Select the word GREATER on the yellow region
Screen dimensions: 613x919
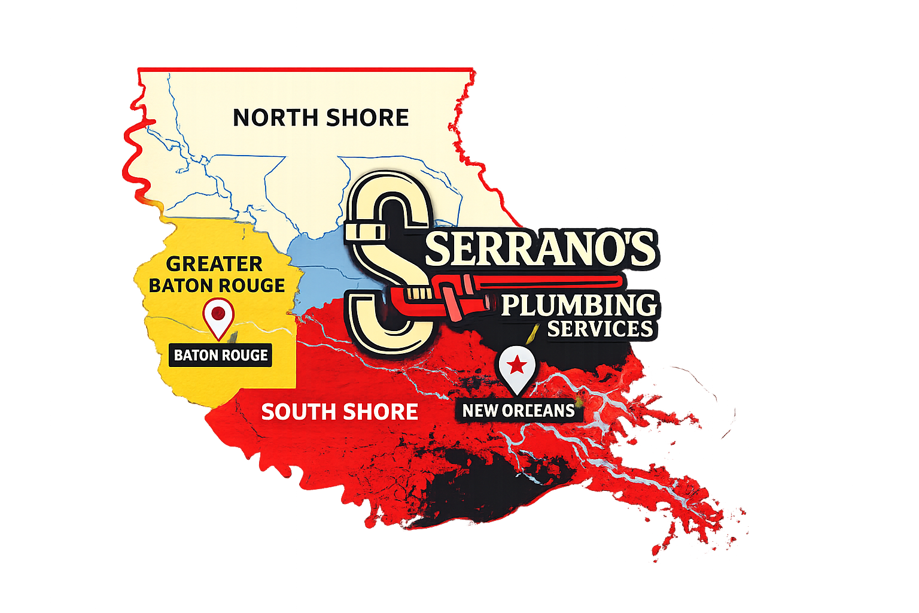[214, 264]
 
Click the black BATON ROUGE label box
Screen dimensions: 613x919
[221, 355]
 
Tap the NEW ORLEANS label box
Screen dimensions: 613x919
[518, 411]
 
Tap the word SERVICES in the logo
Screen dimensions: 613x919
[600, 329]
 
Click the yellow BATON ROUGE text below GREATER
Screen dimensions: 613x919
[217, 286]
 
